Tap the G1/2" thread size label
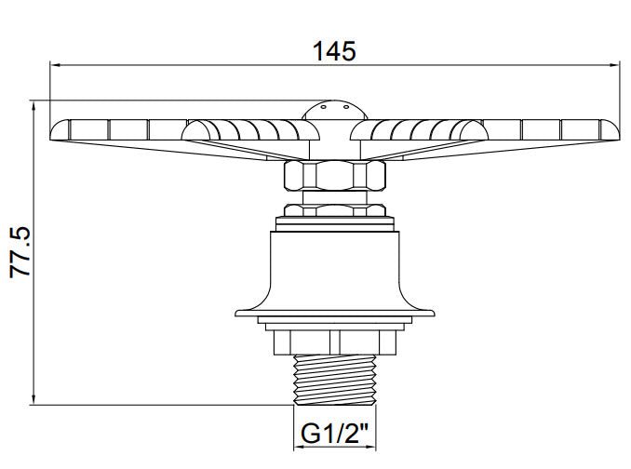[333, 434]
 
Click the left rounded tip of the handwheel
[56, 131]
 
